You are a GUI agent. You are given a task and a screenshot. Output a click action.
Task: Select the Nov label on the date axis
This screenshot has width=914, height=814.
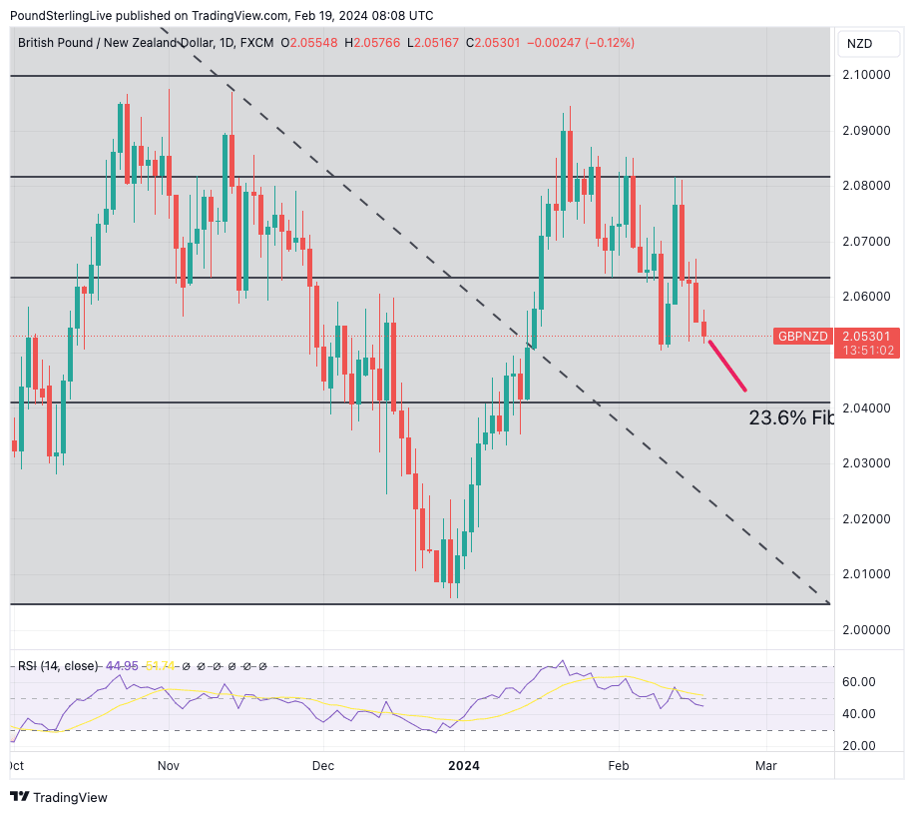(168, 766)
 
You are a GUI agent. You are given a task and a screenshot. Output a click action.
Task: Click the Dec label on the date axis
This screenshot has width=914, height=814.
(323, 766)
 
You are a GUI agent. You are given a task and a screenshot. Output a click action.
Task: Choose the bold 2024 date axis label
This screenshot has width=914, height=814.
(463, 766)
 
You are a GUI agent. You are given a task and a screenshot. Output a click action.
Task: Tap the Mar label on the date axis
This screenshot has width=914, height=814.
(766, 766)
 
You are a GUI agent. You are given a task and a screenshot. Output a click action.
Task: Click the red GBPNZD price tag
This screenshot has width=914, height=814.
(803, 337)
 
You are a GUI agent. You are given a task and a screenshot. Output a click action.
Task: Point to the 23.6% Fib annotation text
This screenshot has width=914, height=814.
(791, 418)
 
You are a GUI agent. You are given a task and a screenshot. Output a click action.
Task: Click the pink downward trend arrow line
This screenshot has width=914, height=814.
(726, 366)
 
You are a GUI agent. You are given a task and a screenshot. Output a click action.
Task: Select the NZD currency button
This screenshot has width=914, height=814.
(860, 43)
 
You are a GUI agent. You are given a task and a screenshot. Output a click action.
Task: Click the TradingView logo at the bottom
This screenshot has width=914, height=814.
(59, 797)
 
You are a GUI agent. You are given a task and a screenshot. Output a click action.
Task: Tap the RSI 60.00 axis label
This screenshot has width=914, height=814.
(860, 682)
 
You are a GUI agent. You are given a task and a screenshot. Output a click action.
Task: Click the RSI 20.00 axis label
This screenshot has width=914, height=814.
(860, 746)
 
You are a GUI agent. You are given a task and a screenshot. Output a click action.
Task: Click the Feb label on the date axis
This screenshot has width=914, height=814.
(618, 766)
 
